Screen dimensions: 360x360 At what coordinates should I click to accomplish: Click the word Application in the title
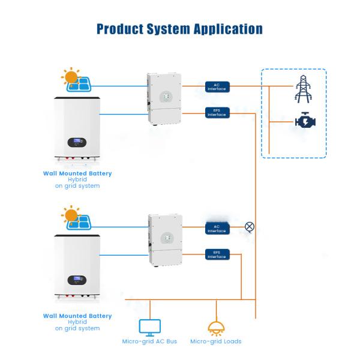[x=229, y=29]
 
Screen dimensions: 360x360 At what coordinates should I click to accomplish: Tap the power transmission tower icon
[x=303, y=89]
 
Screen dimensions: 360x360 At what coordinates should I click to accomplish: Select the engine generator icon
[x=303, y=122]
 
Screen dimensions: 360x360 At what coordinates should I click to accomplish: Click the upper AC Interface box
[x=217, y=87]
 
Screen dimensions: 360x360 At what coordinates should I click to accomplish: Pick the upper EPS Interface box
[x=217, y=113]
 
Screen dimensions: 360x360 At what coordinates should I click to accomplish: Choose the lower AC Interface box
[x=217, y=227]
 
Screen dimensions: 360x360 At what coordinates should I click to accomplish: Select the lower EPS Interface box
[x=217, y=254]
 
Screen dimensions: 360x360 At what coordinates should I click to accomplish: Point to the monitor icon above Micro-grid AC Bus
[x=149, y=327]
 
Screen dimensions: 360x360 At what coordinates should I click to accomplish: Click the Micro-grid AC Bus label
[x=149, y=341]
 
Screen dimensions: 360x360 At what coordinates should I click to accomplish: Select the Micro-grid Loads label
[x=215, y=341]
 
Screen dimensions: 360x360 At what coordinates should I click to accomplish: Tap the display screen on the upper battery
[x=77, y=143]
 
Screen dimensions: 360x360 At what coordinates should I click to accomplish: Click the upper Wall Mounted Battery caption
[x=77, y=173]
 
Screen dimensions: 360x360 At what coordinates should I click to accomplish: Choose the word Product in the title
[x=120, y=29]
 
